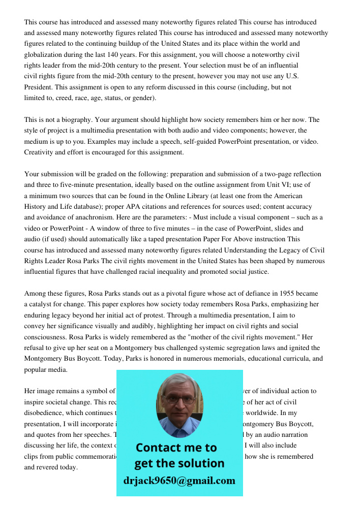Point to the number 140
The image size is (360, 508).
tap(113, 54)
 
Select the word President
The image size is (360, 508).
tap(38, 87)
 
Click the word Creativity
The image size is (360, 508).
tap(39, 152)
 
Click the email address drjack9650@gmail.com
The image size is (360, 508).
tap(179, 481)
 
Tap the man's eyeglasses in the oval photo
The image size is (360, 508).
tap(179, 400)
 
